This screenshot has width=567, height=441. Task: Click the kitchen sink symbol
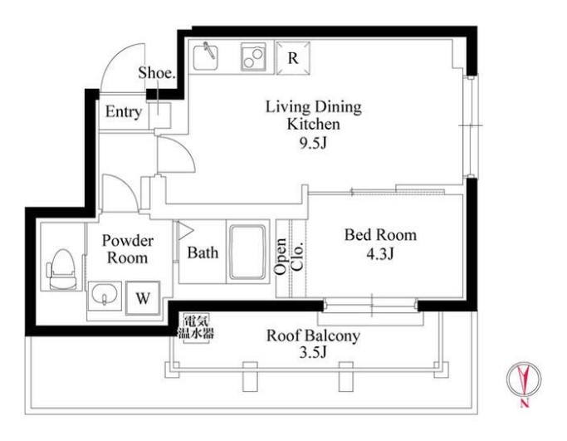coord(205,57)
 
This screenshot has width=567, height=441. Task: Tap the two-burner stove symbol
coord(252,57)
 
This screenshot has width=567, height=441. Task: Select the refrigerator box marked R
coord(293,58)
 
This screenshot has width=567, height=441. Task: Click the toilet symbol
coord(61,269)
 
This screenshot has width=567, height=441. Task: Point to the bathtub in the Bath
coord(247,252)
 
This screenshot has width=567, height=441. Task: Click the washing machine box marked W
coord(143,298)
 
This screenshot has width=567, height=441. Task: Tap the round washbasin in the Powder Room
coord(104,294)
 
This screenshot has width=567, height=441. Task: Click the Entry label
coord(124,112)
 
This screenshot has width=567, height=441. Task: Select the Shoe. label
coord(157,73)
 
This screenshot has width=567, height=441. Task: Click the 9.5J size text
coord(313,144)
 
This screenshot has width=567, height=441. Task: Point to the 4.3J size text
coord(379,254)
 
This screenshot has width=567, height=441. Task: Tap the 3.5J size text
coord(313,351)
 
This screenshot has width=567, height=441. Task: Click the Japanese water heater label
coord(196,327)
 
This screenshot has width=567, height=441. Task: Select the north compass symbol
coord(524,380)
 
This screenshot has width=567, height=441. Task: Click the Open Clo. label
coord(288,256)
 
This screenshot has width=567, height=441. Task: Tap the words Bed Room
coord(380,235)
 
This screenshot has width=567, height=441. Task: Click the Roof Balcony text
coord(313,336)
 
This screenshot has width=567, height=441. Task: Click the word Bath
coord(203,252)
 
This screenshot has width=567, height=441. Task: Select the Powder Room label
coord(127,249)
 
